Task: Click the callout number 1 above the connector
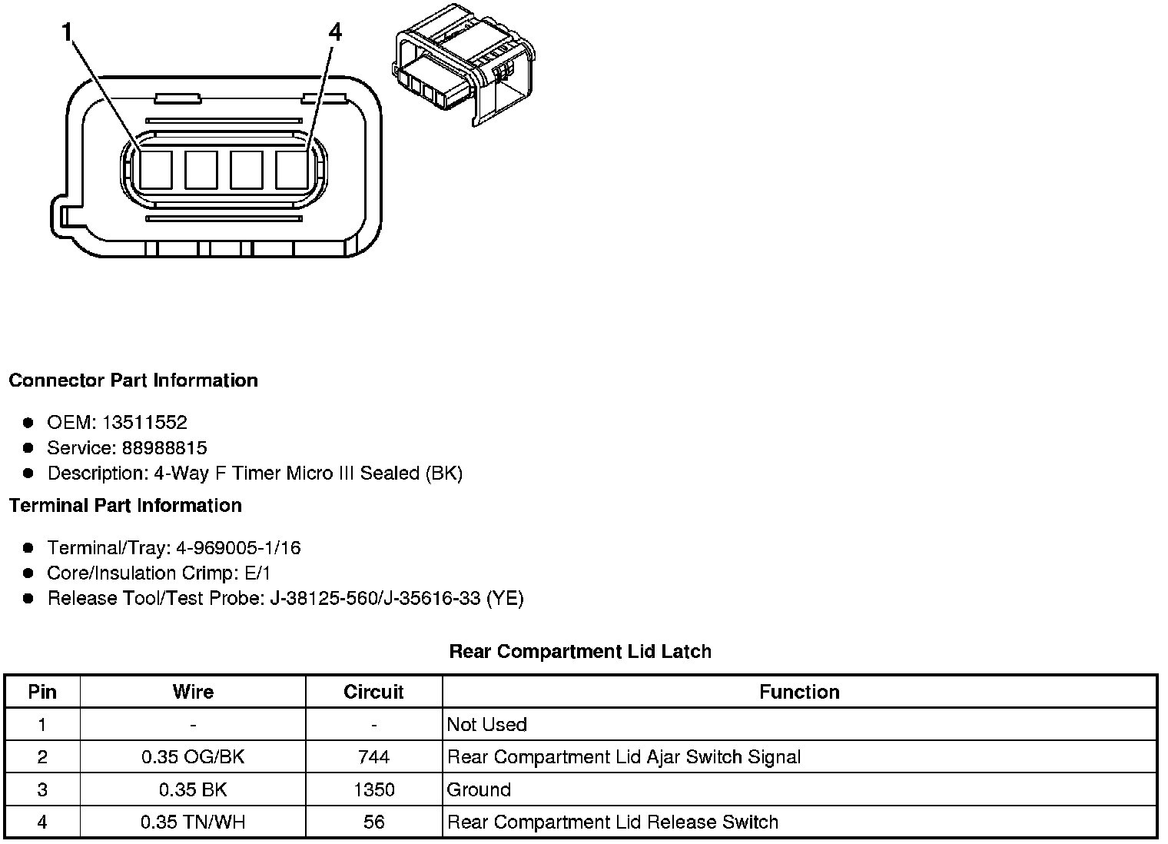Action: (x=66, y=32)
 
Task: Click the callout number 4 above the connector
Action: (x=335, y=32)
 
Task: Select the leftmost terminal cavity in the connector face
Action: (x=156, y=170)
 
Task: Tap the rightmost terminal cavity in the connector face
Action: (x=292, y=170)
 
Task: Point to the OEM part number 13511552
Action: (x=144, y=422)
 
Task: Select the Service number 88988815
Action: (x=164, y=447)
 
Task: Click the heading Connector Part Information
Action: (x=134, y=380)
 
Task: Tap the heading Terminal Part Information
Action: (x=125, y=506)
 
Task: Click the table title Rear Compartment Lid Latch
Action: (x=580, y=652)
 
